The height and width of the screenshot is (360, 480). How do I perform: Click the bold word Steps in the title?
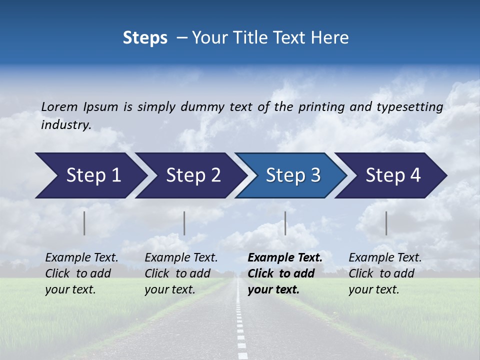click(x=145, y=38)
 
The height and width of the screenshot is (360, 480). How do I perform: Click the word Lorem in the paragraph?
click(x=59, y=107)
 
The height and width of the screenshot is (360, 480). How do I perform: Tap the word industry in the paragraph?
click(x=65, y=125)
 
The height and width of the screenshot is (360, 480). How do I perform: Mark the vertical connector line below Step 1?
click(x=84, y=223)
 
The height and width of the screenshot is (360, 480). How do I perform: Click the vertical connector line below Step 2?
click(x=184, y=223)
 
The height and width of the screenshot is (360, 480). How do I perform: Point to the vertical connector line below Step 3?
click(x=285, y=223)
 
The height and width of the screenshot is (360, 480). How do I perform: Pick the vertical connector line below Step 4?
click(x=386, y=223)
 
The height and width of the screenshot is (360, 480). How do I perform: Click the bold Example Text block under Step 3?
click(x=284, y=273)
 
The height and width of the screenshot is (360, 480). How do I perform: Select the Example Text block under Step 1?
click(x=81, y=273)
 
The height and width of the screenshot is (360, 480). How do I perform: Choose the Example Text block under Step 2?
click(x=181, y=273)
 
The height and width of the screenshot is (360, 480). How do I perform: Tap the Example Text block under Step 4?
click(x=385, y=273)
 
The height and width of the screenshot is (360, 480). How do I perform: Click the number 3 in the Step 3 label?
click(x=315, y=175)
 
